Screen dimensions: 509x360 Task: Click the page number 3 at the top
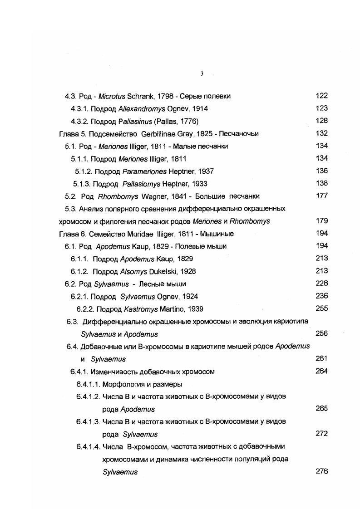202,74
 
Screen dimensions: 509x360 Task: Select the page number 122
321,96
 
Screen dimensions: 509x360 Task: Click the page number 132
321,133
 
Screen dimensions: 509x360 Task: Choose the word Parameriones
144,171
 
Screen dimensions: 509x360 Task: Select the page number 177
321,196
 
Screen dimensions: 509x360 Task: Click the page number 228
321,284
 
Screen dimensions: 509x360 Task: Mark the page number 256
321,333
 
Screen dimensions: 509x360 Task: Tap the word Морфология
122,384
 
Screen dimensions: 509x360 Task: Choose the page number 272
321,433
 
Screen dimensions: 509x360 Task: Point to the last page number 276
321,471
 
